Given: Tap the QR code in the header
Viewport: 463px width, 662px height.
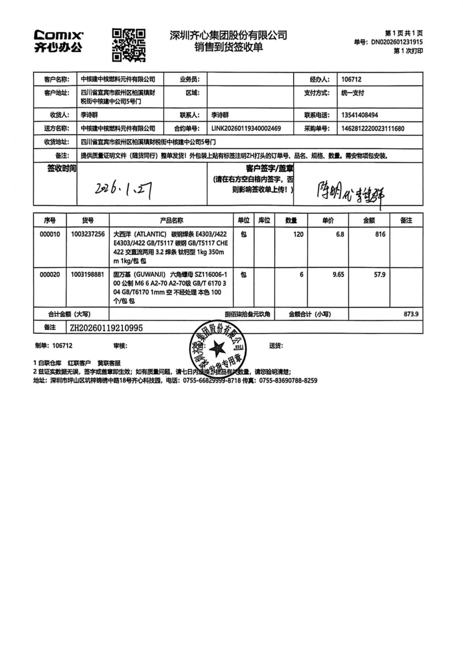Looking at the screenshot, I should point(128,45).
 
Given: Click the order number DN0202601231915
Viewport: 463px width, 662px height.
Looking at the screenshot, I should point(396,42).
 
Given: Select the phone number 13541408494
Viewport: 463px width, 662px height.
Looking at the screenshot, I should point(360,115).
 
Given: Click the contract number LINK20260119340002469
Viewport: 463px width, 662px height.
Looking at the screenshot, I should point(246,128).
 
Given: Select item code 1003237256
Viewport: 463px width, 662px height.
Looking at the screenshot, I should point(88,234).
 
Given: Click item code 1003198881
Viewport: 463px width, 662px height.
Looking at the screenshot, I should point(88,274).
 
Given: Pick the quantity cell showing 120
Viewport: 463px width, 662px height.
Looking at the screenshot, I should point(298,234).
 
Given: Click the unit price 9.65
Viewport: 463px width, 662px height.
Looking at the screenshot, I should point(338,274).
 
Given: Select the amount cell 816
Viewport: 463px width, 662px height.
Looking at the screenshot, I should point(380,234).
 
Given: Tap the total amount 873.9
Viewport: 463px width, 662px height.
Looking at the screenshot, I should point(411,314).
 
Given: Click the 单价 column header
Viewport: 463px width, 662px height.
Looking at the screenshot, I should point(328,220).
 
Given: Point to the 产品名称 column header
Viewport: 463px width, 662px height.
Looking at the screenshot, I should point(171,220).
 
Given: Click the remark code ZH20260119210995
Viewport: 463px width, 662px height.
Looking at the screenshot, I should point(106,328).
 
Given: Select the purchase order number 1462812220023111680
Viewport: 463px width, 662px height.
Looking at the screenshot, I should point(373,128).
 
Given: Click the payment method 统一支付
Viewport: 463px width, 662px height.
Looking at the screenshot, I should point(352,93).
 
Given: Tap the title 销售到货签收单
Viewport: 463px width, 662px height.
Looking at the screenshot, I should point(228,47).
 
